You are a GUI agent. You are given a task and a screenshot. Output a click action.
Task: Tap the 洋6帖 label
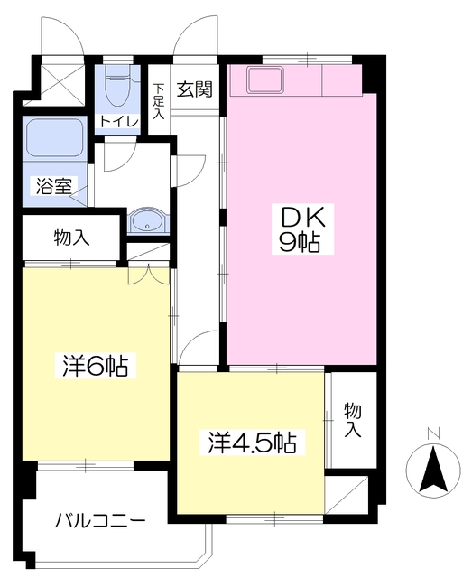[95, 368]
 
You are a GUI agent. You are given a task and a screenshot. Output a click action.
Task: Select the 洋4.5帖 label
[253, 443]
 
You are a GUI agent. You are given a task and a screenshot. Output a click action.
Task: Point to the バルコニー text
[99, 521]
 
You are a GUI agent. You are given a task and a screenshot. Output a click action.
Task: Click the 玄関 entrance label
[194, 89]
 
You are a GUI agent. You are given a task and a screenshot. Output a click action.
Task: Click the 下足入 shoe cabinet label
[159, 102]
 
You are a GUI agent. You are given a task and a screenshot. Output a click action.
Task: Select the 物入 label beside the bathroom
[70, 238]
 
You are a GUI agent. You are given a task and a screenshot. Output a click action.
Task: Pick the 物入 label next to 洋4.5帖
[353, 420]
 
